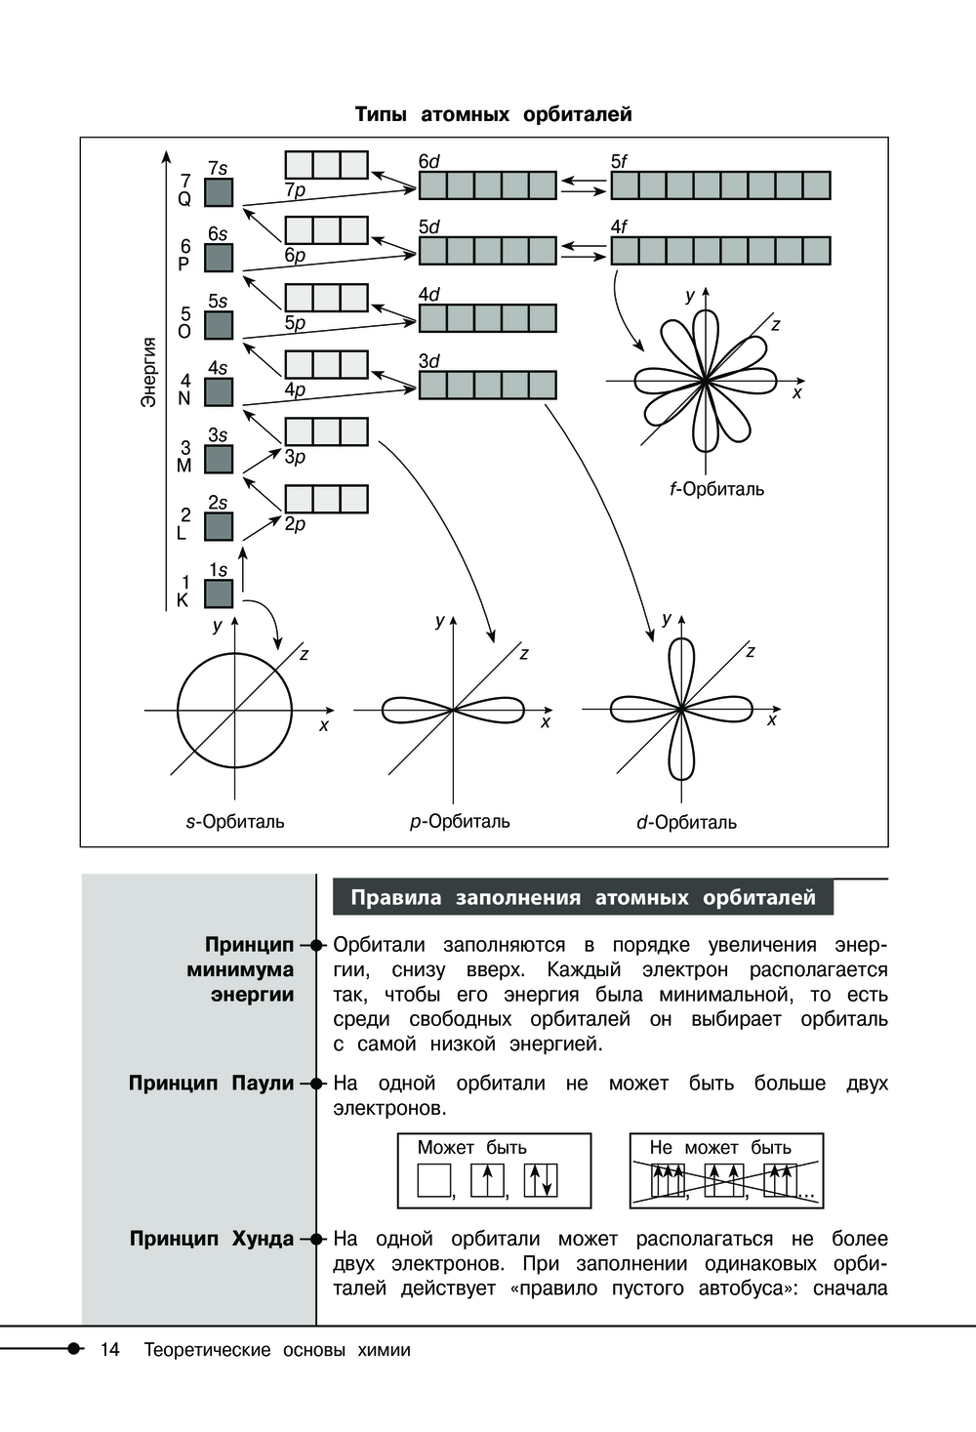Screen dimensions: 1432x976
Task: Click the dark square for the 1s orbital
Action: click(219, 593)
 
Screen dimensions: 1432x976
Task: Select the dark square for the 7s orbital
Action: click(219, 191)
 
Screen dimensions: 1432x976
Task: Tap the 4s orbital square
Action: click(219, 391)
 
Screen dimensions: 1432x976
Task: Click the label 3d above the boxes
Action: click(429, 361)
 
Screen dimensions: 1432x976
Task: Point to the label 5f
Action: click(620, 162)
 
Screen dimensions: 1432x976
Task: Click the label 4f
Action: click(620, 227)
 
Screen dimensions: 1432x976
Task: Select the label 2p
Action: click(295, 524)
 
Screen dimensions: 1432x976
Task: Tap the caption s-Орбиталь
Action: click(235, 822)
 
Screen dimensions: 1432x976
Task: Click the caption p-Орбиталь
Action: click(460, 822)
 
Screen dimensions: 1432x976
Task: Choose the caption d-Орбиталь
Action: click(686, 823)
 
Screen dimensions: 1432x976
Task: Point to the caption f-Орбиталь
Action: click(717, 489)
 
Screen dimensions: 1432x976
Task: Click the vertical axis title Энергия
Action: click(148, 372)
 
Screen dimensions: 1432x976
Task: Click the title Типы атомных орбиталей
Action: click(493, 114)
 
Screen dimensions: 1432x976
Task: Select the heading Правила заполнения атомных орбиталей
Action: click(583, 898)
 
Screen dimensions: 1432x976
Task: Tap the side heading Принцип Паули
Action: click(211, 1083)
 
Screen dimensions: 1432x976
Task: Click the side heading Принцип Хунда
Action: click(211, 1239)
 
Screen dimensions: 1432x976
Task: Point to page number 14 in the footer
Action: click(109, 1350)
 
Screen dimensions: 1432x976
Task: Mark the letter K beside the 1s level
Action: click(183, 601)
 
